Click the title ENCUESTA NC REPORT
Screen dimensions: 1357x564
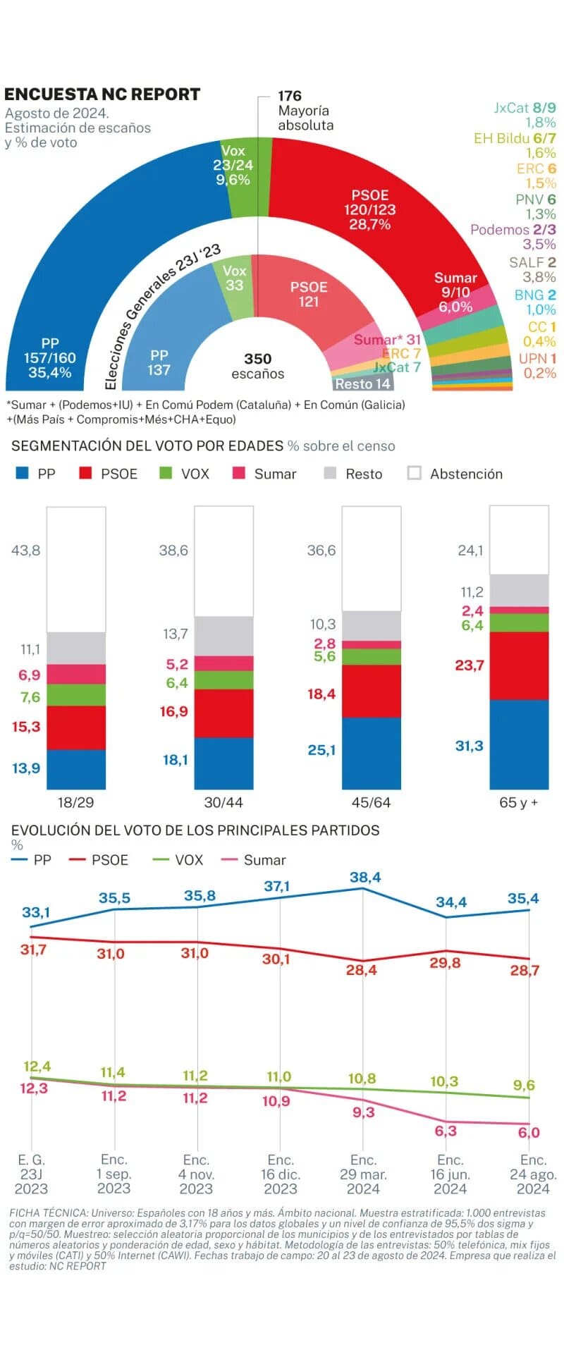point(102,94)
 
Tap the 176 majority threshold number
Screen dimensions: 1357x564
point(289,96)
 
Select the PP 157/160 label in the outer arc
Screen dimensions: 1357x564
point(49,357)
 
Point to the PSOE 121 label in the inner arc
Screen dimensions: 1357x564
point(309,294)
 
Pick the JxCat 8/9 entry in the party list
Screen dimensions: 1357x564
point(525,108)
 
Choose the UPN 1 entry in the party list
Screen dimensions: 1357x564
point(537,358)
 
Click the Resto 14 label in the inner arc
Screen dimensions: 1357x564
point(362,384)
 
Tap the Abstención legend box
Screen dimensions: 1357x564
point(415,473)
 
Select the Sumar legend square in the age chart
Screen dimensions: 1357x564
point(239,473)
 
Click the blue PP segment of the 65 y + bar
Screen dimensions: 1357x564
point(519,744)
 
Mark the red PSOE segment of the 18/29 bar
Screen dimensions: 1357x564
point(76,727)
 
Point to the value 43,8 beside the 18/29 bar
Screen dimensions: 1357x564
point(25,551)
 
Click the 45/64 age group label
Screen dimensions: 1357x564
point(371,802)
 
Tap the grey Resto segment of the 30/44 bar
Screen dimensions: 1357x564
point(223,636)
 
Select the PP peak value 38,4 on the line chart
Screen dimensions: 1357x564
point(364,877)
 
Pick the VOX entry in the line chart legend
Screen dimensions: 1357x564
point(188,860)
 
